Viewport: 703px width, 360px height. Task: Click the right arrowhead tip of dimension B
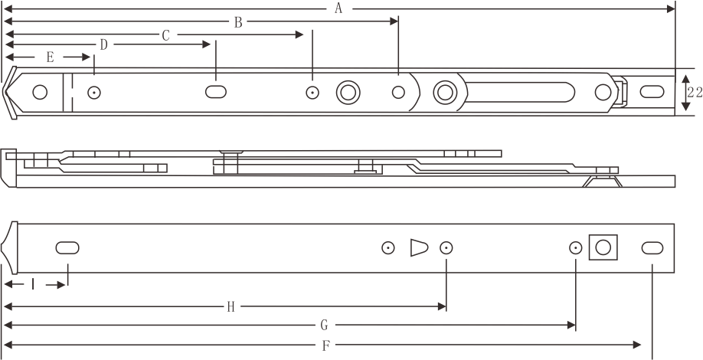[x=398, y=21]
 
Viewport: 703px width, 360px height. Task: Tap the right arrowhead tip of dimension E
[x=90, y=57]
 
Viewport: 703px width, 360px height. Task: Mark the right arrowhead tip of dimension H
[x=446, y=306]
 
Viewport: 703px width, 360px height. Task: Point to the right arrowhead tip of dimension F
[x=641, y=345]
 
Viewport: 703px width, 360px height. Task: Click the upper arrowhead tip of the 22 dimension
[x=685, y=75]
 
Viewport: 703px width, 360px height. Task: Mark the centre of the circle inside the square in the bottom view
[x=603, y=247]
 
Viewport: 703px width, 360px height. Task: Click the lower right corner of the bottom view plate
[x=675, y=272]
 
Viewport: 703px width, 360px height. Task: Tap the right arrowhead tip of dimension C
[x=303, y=34]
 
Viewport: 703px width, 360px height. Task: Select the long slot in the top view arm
[x=520, y=92]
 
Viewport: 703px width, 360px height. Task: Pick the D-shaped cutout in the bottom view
[x=419, y=247]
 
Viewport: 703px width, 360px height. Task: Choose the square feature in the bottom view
[x=603, y=247]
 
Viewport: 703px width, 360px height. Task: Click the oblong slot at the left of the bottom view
[x=67, y=248]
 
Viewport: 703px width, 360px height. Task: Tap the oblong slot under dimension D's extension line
[x=216, y=92]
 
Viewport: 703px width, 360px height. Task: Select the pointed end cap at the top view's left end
[x=10, y=93]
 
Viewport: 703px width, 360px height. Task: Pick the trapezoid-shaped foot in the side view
[x=602, y=181]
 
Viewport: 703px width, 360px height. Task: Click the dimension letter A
[x=338, y=8]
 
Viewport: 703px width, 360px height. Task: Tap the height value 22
[x=695, y=93]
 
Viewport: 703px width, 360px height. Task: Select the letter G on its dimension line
[x=325, y=325]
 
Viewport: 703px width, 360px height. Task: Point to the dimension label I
[x=33, y=284]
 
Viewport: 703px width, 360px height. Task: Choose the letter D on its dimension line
[x=104, y=45]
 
